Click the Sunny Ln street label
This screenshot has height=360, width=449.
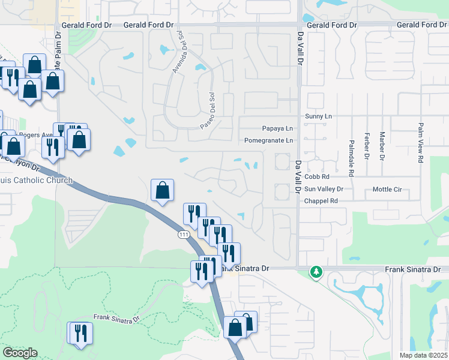click(x=318, y=116)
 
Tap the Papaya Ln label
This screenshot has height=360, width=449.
click(x=277, y=128)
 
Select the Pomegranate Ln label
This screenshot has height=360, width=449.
click(x=268, y=140)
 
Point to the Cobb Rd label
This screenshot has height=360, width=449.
click(x=317, y=177)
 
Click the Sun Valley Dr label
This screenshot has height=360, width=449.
click(x=324, y=188)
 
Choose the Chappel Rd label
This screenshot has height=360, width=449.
click(x=321, y=201)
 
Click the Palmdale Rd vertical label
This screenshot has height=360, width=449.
click(x=351, y=154)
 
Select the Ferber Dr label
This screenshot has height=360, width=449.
click(x=366, y=146)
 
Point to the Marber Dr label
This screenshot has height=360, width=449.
click(x=382, y=146)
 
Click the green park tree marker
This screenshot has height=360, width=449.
click(x=316, y=272)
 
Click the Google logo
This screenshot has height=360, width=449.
click(x=20, y=353)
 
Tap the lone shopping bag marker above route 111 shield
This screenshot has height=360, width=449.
click(x=162, y=190)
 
